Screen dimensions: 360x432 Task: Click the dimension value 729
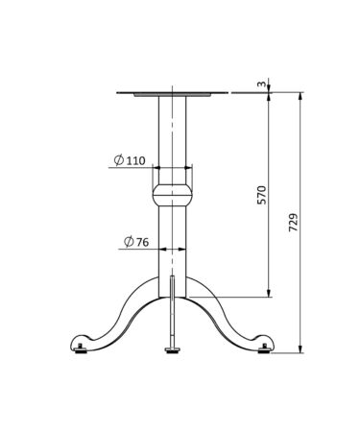[294, 222]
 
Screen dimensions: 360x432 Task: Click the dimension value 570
[261, 195]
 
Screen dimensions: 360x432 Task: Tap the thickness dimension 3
[261, 84]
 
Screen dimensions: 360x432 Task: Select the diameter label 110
[135, 160]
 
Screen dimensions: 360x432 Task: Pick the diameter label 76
[143, 242]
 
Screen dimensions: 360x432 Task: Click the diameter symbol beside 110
[119, 159]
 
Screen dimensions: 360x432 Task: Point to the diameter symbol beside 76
[129, 242]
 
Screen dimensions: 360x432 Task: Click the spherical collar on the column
[172, 195]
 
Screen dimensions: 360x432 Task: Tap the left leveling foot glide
[80, 349]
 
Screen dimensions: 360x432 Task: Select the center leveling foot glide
[172, 349]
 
